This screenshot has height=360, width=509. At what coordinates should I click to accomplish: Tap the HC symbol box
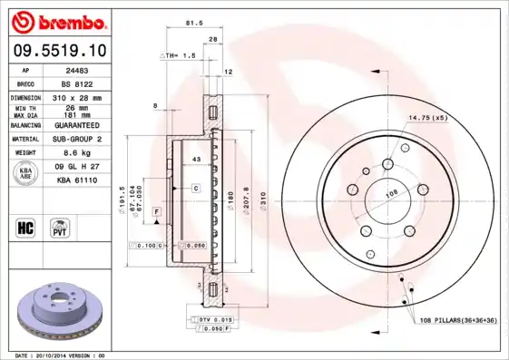pyautogui.click(x=25, y=227)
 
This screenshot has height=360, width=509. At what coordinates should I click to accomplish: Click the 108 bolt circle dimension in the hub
pyautogui.click(x=393, y=192)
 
